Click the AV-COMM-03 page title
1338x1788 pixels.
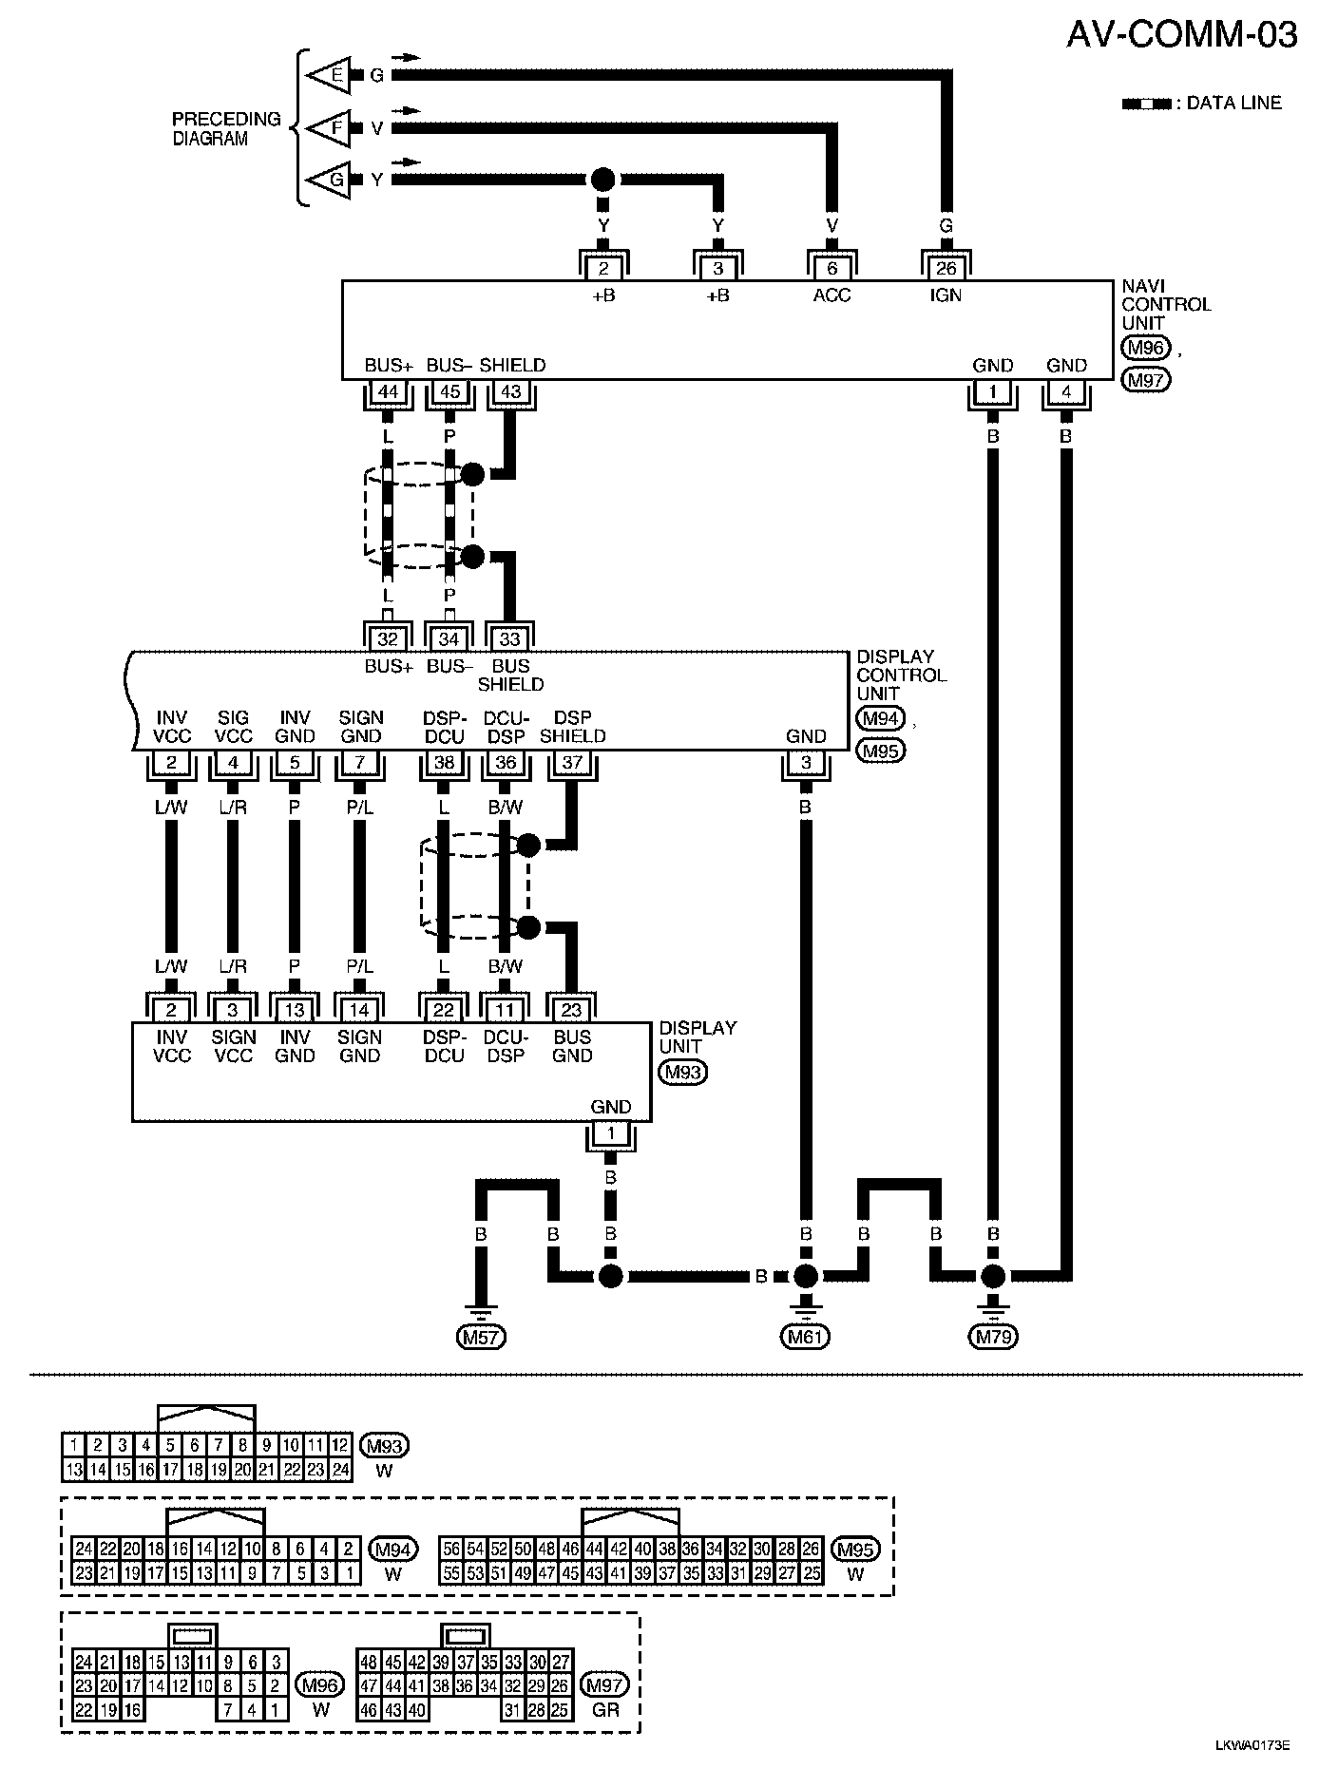click(x=1181, y=35)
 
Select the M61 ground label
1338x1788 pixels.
click(x=806, y=1338)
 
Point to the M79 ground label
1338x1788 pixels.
click(x=993, y=1338)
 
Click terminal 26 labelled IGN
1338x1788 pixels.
click(x=946, y=269)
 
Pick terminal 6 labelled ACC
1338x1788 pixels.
click(x=831, y=269)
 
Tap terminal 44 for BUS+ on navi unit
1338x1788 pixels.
click(x=388, y=391)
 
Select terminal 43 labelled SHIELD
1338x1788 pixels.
click(x=511, y=391)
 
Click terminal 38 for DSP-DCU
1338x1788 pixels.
click(x=444, y=762)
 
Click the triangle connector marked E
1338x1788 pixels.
click(x=329, y=75)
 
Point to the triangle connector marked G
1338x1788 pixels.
click(x=329, y=179)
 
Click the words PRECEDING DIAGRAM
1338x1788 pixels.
click(x=226, y=128)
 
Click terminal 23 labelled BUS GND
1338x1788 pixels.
click(x=571, y=1011)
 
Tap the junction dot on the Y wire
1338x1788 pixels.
click(x=603, y=179)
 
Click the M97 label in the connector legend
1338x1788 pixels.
click(x=604, y=1685)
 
